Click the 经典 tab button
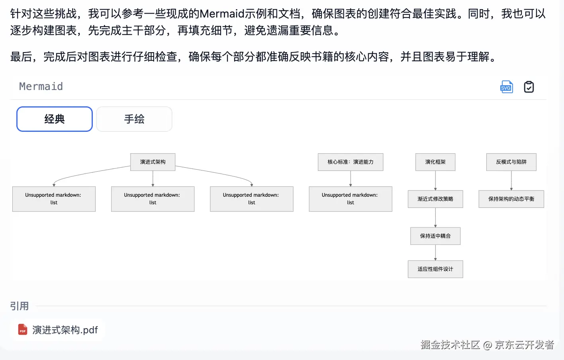(x=55, y=119)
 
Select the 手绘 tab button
(x=134, y=119)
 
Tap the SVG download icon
(x=506, y=87)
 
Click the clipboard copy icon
(x=529, y=87)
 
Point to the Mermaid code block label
(x=41, y=86)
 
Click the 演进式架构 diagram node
(x=153, y=162)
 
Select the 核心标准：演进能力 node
(x=351, y=162)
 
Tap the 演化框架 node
(x=435, y=162)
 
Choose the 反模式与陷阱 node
(x=511, y=162)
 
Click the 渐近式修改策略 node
(x=435, y=199)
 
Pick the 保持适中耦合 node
(x=435, y=236)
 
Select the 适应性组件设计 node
(x=435, y=269)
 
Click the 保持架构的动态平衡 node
(x=511, y=199)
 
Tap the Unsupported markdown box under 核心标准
(x=351, y=199)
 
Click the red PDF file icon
(x=23, y=330)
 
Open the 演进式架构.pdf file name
(x=65, y=330)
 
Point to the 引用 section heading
(x=20, y=306)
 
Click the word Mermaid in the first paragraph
(x=222, y=14)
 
